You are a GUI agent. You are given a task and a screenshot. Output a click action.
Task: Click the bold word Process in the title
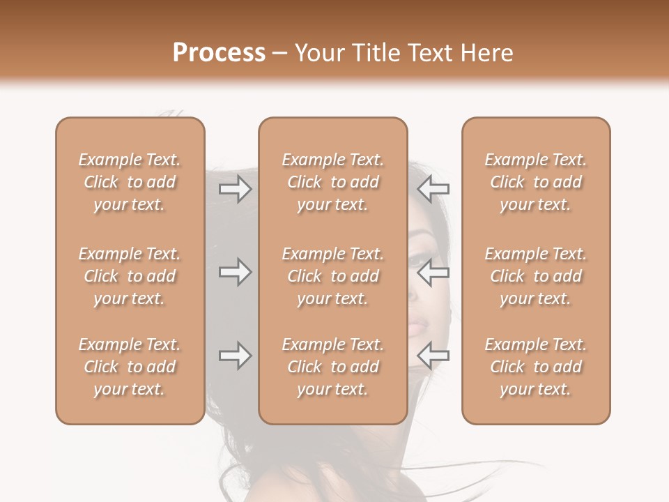pyautogui.click(x=219, y=53)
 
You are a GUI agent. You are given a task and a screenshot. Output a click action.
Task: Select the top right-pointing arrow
pyautogui.click(x=236, y=189)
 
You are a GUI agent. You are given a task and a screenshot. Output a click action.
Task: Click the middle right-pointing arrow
pyautogui.click(x=236, y=272)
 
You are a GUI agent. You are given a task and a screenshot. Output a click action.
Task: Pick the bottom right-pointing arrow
pyautogui.click(x=236, y=356)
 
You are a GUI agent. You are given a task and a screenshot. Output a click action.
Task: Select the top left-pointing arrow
pyautogui.click(x=434, y=189)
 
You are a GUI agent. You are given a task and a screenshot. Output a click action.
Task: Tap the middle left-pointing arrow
pyautogui.click(x=434, y=272)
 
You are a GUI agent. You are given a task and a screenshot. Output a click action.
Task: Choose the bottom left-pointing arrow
pyautogui.click(x=434, y=356)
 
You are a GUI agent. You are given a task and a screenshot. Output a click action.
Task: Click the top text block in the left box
pyautogui.click(x=130, y=182)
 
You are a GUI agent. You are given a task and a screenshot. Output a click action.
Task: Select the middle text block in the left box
pyautogui.click(x=130, y=276)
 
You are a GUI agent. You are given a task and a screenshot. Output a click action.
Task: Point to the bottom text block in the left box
pyautogui.click(x=130, y=367)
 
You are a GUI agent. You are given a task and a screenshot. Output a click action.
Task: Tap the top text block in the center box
pyautogui.click(x=332, y=182)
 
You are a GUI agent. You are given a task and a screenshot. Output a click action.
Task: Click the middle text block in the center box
pyautogui.click(x=332, y=276)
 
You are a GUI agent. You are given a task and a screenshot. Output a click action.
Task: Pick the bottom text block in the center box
pyautogui.click(x=332, y=367)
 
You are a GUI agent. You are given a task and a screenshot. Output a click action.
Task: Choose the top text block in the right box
pyautogui.click(x=536, y=182)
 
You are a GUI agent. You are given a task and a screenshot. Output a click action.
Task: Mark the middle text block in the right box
pyautogui.click(x=536, y=276)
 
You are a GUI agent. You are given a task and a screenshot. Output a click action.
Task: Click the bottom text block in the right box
pyautogui.click(x=536, y=367)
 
